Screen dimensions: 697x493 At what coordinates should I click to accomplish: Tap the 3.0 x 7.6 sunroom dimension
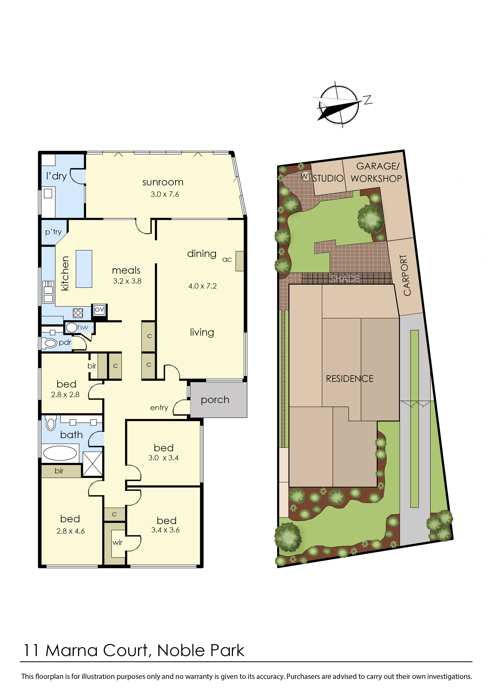pos(165,194)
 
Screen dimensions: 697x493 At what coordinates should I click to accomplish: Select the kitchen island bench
pos(84,269)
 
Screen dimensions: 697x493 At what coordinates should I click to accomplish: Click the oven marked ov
pos(99,310)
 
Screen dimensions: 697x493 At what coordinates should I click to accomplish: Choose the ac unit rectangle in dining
pos(240,261)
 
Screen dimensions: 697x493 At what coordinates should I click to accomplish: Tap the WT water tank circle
pos(306,176)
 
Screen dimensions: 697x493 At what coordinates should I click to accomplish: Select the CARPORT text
pos(407,275)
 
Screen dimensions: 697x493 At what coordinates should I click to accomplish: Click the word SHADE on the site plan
pos(345,278)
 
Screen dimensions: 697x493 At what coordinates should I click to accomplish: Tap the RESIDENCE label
pos(349,379)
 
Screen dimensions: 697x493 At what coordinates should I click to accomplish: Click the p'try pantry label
pos(53,232)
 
